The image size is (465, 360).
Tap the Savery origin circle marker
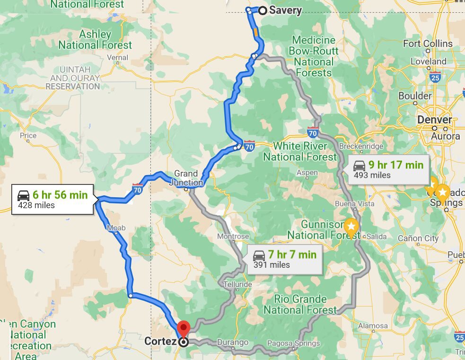tap(263, 10)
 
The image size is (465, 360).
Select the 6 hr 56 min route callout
tap(53, 199)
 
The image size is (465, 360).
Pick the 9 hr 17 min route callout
tap(388, 169)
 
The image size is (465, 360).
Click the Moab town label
tap(116, 228)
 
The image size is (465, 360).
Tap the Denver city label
tap(434, 120)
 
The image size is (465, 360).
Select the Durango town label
tap(233, 342)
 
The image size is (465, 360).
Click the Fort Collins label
tap(428, 44)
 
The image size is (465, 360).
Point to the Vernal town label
tap(118, 58)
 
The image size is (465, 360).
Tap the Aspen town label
tap(307, 173)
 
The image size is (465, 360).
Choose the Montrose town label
tap(233, 236)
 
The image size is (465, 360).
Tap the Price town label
tap(28, 135)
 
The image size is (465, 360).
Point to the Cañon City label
tap(418, 238)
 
